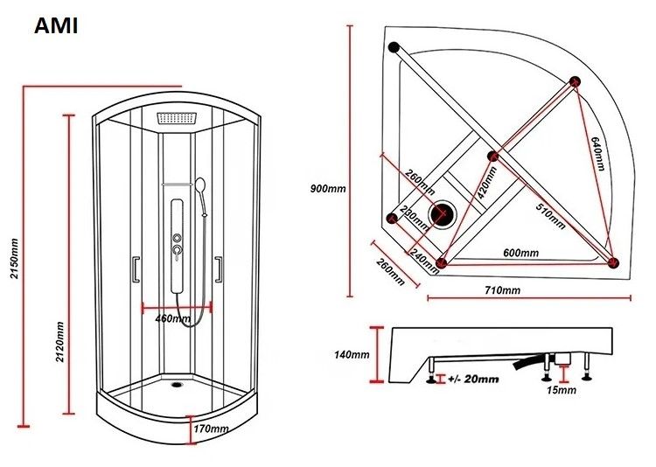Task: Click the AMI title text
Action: [56, 25]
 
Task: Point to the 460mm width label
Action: [172, 318]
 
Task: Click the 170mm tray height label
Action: [211, 429]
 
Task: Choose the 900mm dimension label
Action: [328, 188]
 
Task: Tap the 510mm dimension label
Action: [548, 213]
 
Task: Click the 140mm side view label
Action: [352, 354]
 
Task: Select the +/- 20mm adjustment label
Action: [472, 379]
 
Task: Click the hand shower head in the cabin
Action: [201, 186]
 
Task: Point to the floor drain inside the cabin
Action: [178, 380]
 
